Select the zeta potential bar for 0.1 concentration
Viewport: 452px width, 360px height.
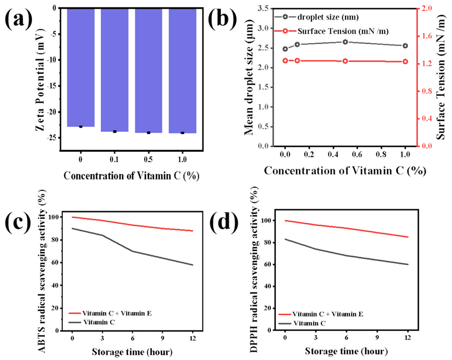coord(115,70)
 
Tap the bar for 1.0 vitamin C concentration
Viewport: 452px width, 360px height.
coord(182,71)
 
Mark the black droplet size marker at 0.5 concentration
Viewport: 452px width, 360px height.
coord(345,42)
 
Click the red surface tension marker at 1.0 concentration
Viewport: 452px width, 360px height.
coord(405,61)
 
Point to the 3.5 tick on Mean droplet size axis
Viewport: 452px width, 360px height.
coord(264,9)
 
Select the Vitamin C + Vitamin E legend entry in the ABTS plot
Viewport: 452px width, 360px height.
coord(109,313)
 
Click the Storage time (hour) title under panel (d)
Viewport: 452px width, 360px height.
coord(347,352)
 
